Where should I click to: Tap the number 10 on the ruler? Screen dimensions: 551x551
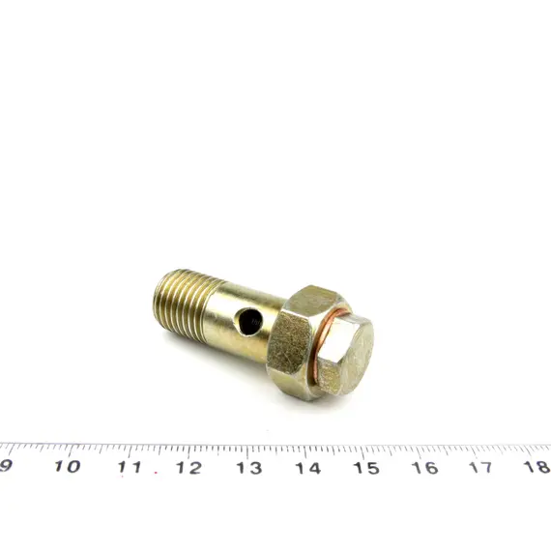[x=67, y=466]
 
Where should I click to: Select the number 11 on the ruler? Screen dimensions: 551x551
[x=130, y=467]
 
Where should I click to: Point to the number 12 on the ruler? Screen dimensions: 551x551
[x=189, y=468]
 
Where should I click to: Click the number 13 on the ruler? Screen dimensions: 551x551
[x=248, y=468]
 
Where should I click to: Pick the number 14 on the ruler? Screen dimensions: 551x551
[x=307, y=468]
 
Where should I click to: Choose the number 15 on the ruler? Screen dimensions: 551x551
[x=366, y=468]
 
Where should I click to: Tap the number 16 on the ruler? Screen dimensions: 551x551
[x=425, y=468]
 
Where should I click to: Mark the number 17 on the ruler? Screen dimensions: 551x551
[x=482, y=467]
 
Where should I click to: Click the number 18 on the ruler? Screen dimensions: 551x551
[x=537, y=466]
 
